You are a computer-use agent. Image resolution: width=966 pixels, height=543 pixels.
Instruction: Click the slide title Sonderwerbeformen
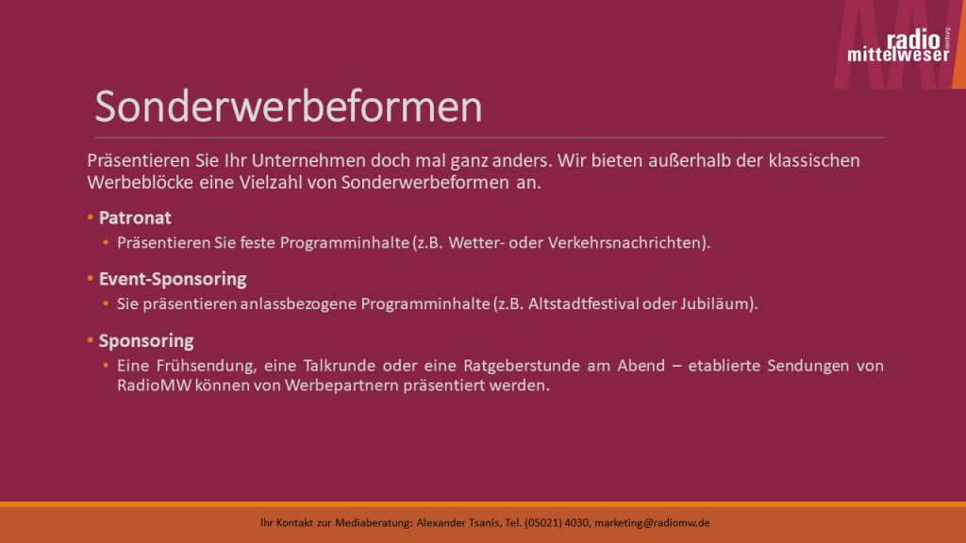pos(289,107)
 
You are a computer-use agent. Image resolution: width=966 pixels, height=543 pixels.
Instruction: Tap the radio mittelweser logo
pos(898,45)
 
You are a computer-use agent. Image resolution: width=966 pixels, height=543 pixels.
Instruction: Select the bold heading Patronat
pos(135,218)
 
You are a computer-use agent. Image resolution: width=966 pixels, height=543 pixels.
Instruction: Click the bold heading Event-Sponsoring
pos(173,279)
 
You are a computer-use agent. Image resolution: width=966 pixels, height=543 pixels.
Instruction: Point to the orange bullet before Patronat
pos(90,218)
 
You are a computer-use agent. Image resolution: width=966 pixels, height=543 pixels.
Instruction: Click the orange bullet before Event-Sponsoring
pos(90,278)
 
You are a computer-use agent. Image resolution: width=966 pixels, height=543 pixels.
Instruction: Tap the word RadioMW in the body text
pos(154,386)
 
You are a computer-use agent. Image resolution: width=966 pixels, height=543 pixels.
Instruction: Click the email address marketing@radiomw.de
pos(652,522)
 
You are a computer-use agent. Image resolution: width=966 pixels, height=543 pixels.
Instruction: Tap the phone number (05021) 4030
pos(557,522)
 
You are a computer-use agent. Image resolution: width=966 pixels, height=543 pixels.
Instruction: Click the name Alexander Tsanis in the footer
pos(458,522)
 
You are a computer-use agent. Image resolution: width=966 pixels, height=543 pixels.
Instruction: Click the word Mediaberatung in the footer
pos(374,522)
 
